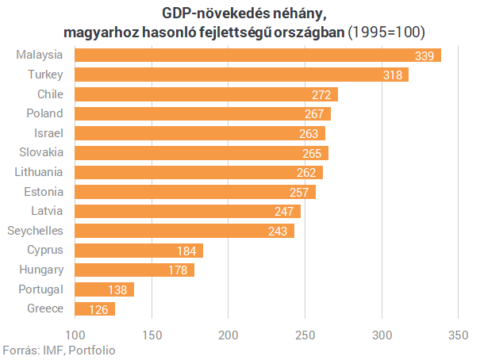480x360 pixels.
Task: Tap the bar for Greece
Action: pos(94,308)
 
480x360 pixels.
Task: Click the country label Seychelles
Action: pos(35,231)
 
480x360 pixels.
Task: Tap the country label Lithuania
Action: pos(39,172)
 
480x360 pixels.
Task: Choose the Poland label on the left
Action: pos(45,113)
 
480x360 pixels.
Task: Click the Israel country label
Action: pos(49,133)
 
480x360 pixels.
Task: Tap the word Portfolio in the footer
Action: pos(94,350)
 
